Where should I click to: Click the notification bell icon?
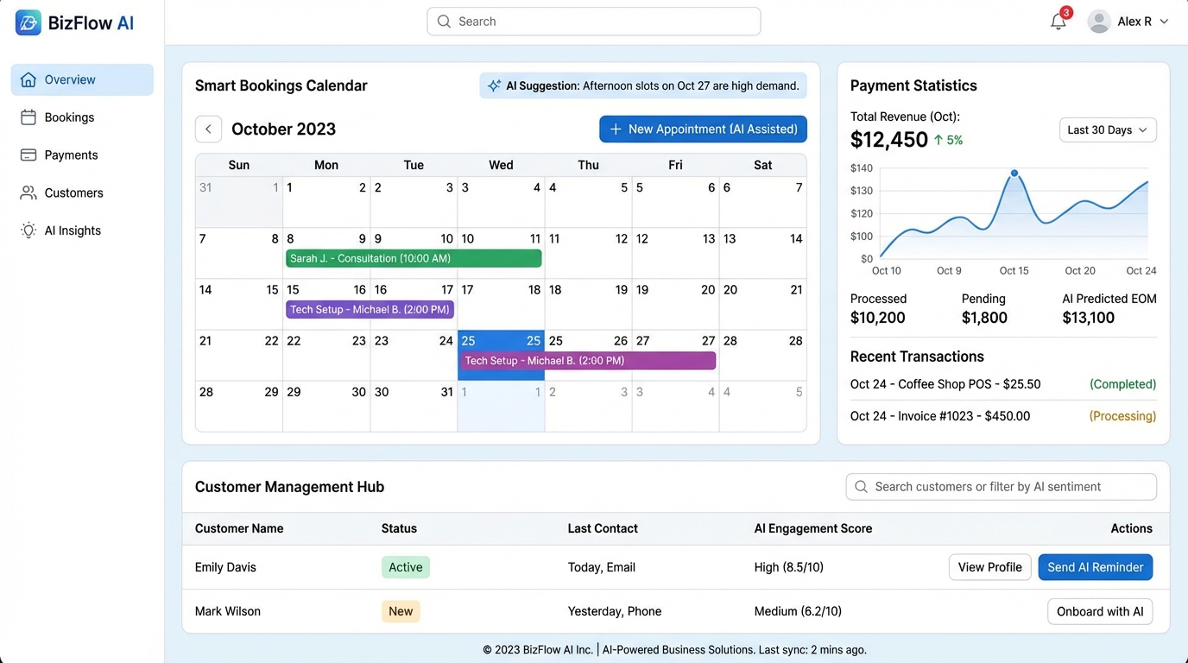coord(1058,22)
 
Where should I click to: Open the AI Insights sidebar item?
coord(73,230)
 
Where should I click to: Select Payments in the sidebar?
coord(71,155)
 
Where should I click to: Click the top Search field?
coord(594,22)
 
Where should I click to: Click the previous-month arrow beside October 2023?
coord(208,129)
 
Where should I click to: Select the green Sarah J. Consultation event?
coord(414,258)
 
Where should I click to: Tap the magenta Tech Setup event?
coord(587,361)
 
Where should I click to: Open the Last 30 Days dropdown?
coord(1108,129)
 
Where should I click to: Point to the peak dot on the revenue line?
coord(1014,174)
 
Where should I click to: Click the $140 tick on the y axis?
coord(861,168)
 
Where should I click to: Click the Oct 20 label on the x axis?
coord(1079,271)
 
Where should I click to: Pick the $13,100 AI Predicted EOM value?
coord(1088,318)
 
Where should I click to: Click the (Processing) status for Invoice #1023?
coord(1122,416)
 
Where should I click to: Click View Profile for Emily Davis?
coord(989,567)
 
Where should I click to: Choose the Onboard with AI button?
coord(1100,611)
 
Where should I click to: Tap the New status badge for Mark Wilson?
coord(401,611)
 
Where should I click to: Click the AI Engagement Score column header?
coord(812,528)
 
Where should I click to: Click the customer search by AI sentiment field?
coord(1002,487)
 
